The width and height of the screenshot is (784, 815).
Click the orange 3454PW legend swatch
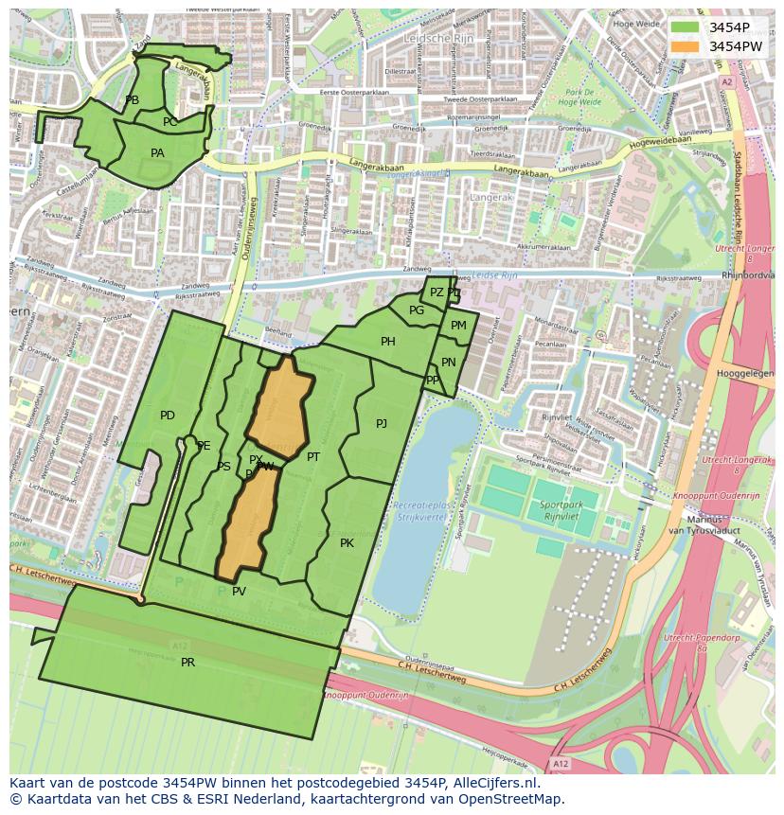point(685,46)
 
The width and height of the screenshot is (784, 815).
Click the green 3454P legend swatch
point(685,27)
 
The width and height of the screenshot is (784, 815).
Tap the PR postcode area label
point(187,663)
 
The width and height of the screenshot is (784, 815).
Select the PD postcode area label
point(168,416)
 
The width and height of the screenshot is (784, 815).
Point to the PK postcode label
point(347,543)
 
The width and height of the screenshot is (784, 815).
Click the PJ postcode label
point(382,424)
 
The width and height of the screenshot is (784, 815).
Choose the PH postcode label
point(388,342)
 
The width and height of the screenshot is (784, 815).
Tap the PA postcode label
point(157,153)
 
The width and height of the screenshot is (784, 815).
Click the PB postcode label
point(132,100)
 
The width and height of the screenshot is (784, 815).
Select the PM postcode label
point(458,326)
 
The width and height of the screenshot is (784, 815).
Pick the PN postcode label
point(449,363)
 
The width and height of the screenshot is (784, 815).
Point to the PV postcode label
point(239,592)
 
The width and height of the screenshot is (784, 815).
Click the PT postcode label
point(313,457)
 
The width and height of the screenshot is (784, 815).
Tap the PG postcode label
point(417,310)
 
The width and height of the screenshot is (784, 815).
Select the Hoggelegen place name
point(744,374)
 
